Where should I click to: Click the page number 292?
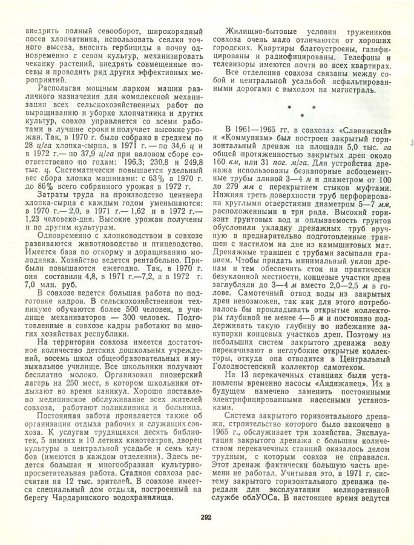[206, 517]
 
